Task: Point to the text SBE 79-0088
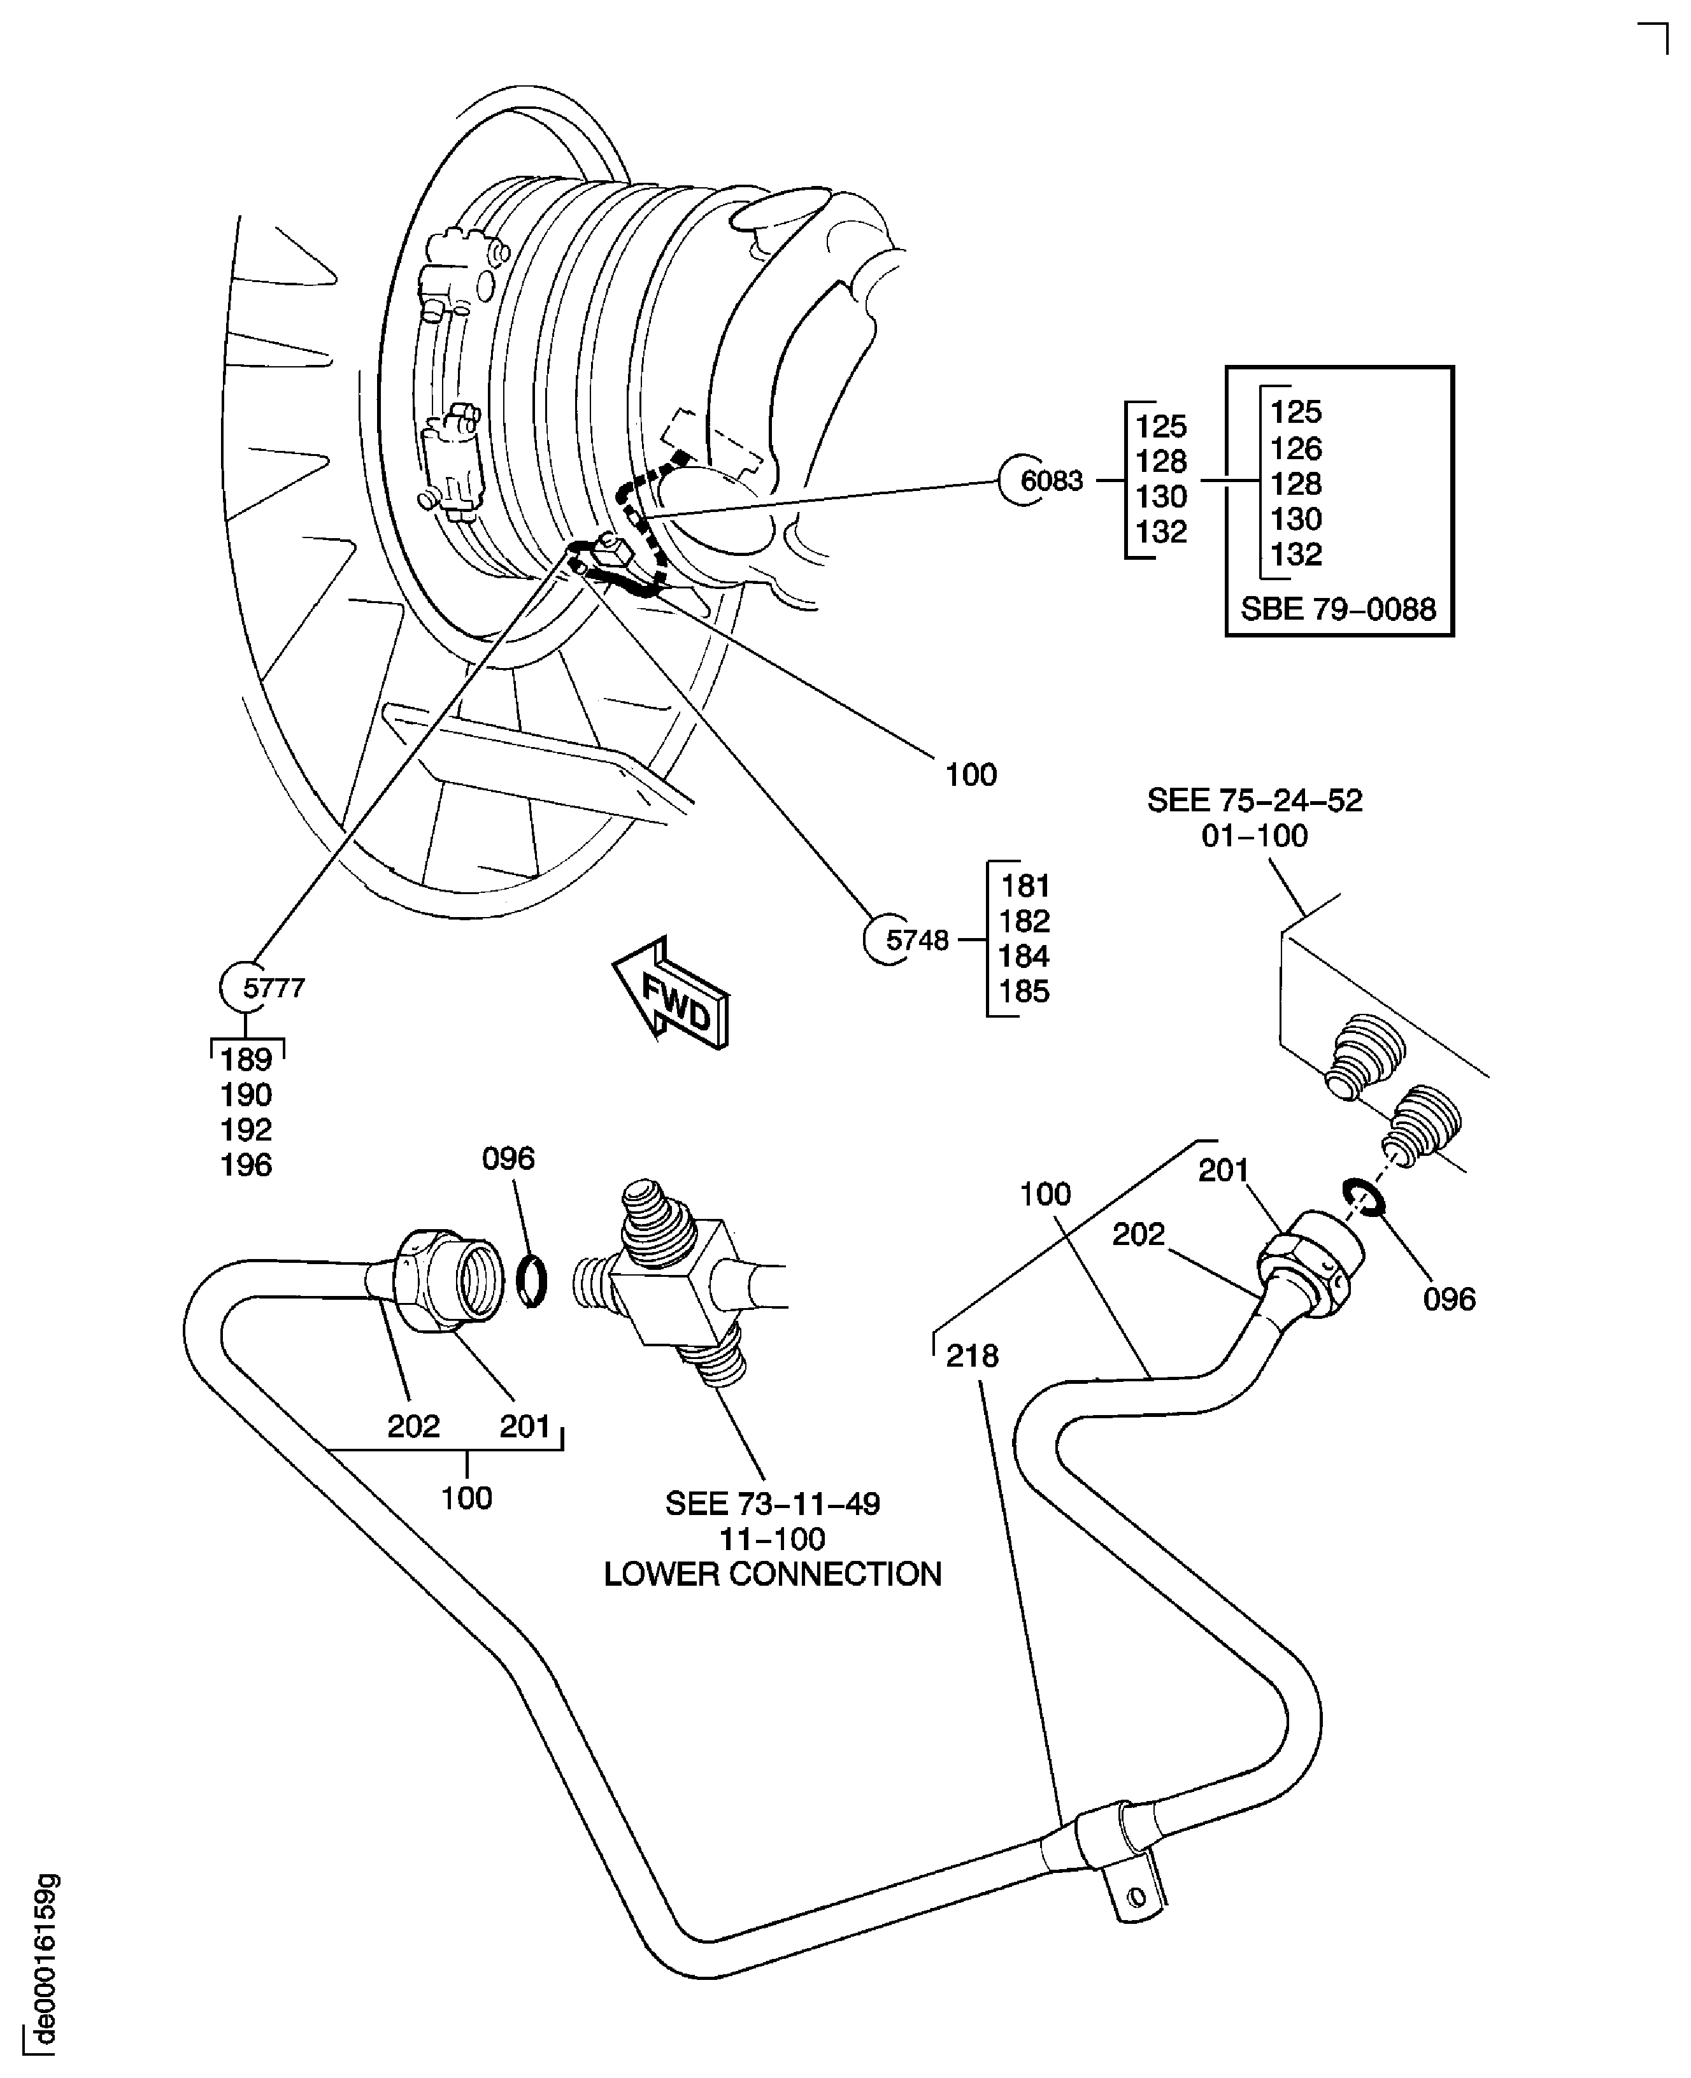point(1338,609)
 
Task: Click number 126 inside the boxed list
point(1295,448)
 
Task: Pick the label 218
point(971,1355)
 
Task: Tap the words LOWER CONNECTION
point(773,1574)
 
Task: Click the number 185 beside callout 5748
point(1024,992)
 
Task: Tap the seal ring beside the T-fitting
point(531,1283)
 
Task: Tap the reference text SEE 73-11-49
point(773,1504)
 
